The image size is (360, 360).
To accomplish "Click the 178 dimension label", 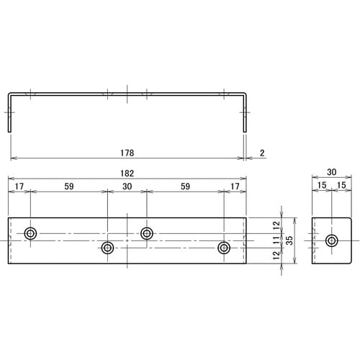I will pos(128,153).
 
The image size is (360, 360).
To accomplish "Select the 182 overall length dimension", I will pos(128,174).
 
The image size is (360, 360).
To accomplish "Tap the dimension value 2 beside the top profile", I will pos(262,153).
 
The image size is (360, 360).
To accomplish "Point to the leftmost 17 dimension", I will pos(19,186).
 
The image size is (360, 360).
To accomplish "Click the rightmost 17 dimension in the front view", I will pos(235,186).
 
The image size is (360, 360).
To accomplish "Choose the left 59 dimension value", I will pos(69,186).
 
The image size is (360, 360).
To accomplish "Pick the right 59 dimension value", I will pos(185,186).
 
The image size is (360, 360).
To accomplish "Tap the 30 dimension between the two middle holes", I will pos(127,186).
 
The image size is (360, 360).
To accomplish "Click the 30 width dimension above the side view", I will pos(331,174).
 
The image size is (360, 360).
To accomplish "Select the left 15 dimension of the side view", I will pos(322,186).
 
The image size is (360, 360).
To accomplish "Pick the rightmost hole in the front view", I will pos(223,248).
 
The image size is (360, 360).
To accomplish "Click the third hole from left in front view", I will pos(147,233).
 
